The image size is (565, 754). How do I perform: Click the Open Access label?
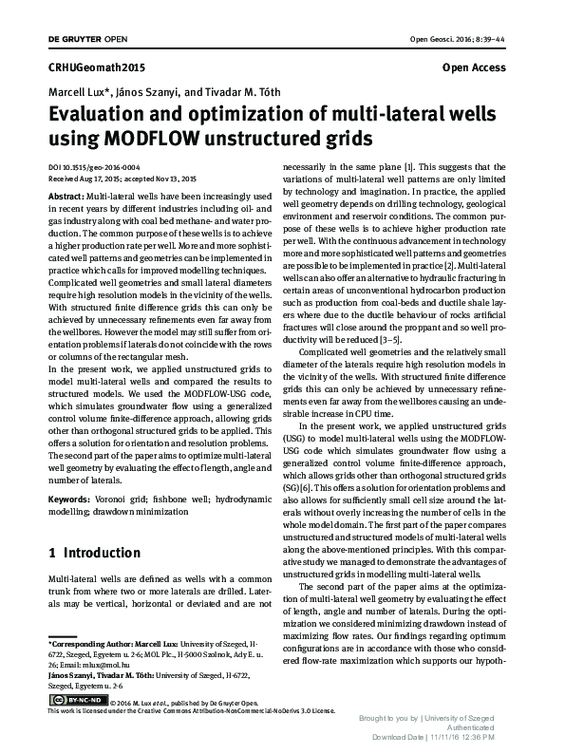pos(474,69)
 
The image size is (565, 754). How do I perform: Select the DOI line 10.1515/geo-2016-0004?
pos(85,166)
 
